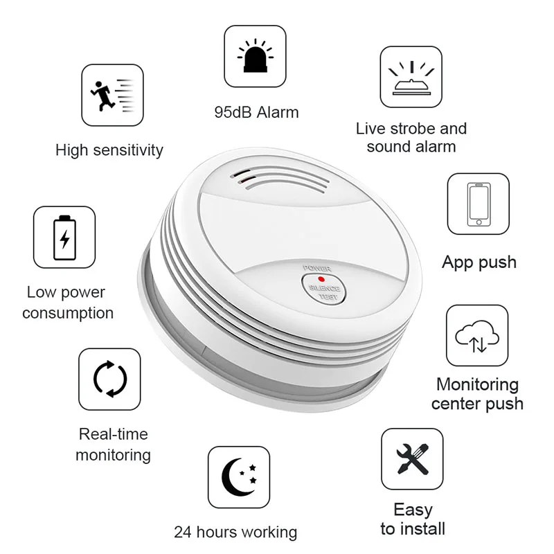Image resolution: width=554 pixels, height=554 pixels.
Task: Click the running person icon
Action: tap(112, 95)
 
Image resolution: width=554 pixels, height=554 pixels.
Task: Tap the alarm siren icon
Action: tap(255, 56)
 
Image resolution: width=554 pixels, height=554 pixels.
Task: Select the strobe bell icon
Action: tap(411, 77)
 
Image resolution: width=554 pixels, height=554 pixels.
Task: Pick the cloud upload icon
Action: tap(477, 335)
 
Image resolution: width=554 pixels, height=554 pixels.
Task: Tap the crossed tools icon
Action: tap(412, 459)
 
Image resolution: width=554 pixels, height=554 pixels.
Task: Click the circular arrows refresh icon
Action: tap(109, 379)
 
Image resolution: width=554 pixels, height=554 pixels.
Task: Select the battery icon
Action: tap(64, 237)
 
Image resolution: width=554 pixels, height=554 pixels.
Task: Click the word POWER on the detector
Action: tap(316, 267)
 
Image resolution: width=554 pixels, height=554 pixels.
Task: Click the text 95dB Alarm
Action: tap(256, 112)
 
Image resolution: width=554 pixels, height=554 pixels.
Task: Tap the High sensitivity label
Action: tap(109, 150)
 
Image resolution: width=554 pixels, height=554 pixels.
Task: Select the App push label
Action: tap(479, 262)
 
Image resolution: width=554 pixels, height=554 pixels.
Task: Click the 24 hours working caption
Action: tap(235, 532)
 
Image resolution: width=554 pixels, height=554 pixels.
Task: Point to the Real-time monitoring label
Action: tap(113, 445)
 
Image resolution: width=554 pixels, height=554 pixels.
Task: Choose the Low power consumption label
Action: tap(68, 303)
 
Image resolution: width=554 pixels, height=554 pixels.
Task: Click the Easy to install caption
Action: tap(413, 519)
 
